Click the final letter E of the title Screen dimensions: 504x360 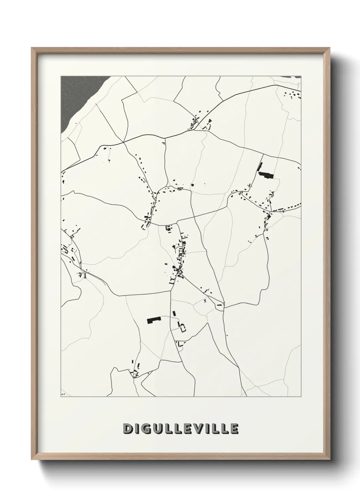coord(233,428)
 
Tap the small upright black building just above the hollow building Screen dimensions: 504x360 coord(174,313)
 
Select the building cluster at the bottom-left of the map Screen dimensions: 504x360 coord(135,371)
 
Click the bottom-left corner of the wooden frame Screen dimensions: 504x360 coord(32,459)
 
